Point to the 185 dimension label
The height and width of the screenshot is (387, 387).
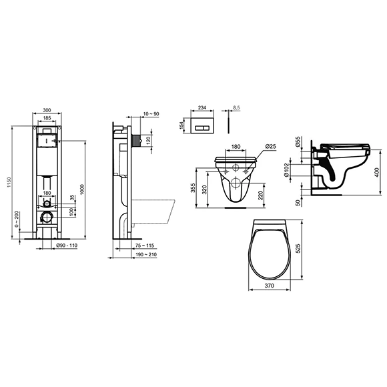(47, 117)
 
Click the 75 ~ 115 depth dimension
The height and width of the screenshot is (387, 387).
(154, 247)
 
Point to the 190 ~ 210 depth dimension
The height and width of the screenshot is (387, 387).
(154, 255)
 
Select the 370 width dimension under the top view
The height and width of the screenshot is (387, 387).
(269, 286)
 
